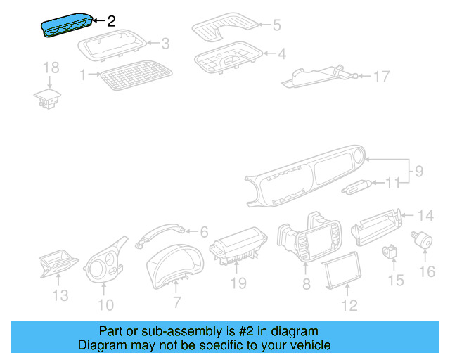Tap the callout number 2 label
pos(110,21)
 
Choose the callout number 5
pos(276,25)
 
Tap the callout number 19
pos(238,283)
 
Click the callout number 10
pos(105,304)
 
